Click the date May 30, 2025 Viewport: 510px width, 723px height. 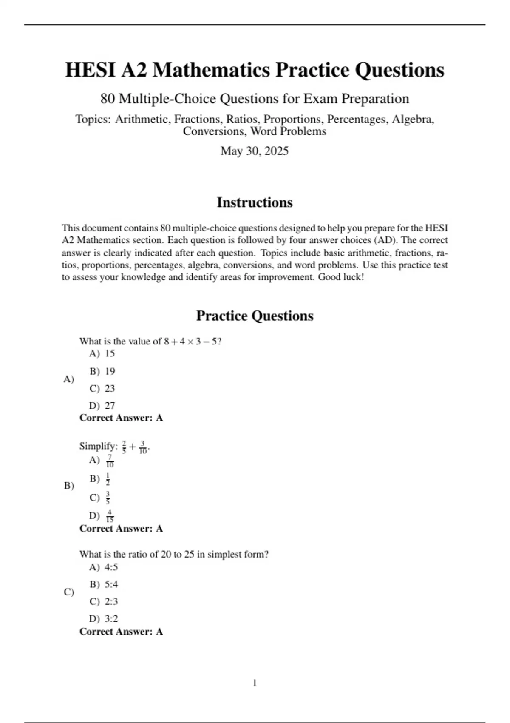pos(255,151)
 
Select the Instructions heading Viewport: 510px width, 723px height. pos(255,202)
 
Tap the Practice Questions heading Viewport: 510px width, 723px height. pos(255,316)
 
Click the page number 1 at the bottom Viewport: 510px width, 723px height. pos(255,683)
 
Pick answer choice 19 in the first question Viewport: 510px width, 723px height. pos(110,371)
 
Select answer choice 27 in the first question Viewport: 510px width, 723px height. pos(110,406)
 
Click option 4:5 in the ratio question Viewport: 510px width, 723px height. pos(111,567)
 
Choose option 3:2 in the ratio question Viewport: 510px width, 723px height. pos(111,618)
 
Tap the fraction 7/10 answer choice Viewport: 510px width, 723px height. pos(110,461)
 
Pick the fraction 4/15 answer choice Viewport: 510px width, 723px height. pos(110,516)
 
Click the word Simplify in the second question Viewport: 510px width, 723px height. pos(98,447)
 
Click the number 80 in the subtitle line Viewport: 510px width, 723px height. pos(108,99)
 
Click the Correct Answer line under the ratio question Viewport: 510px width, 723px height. pos(121,632)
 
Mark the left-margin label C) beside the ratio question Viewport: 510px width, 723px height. pos(69,592)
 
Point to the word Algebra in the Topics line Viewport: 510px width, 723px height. pos(412,120)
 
